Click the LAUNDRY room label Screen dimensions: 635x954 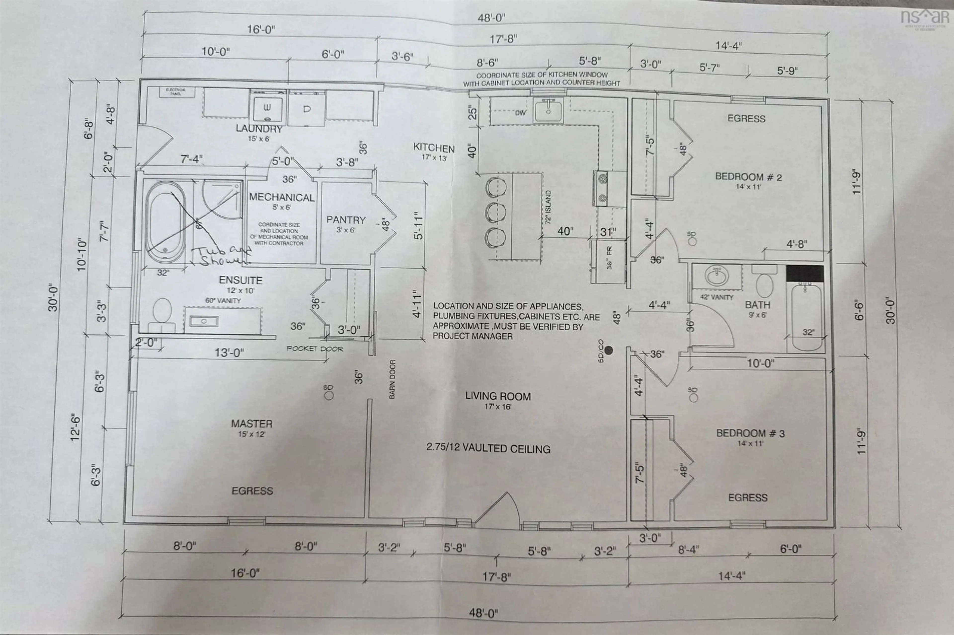point(259,129)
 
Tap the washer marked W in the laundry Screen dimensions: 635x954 point(268,108)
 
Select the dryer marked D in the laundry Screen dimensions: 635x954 point(307,108)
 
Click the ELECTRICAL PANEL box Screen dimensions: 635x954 point(176,92)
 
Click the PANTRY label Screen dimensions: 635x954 point(346,220)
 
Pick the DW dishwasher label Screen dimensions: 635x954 point(520,113)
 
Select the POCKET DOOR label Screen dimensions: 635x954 point(315,349)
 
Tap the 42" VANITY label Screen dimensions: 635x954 point(716,297)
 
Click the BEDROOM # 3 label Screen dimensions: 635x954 point(750,433)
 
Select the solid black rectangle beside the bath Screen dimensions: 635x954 point(804,274)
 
